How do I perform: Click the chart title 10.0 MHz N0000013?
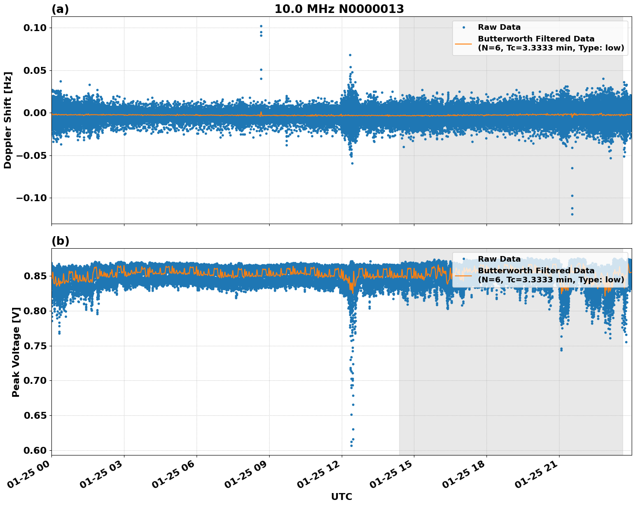point(339,9)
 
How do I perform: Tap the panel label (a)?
point(60,9)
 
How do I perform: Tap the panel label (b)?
point(60,241)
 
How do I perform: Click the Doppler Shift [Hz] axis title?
point(8,120)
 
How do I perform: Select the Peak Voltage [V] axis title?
point(16,361)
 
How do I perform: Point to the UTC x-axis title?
point(341,497)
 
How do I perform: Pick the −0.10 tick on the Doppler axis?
point(31,198)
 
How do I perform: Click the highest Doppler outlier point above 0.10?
point(261,26)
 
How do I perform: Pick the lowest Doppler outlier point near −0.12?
point(572,214)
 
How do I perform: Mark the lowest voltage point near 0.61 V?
point(351,445)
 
